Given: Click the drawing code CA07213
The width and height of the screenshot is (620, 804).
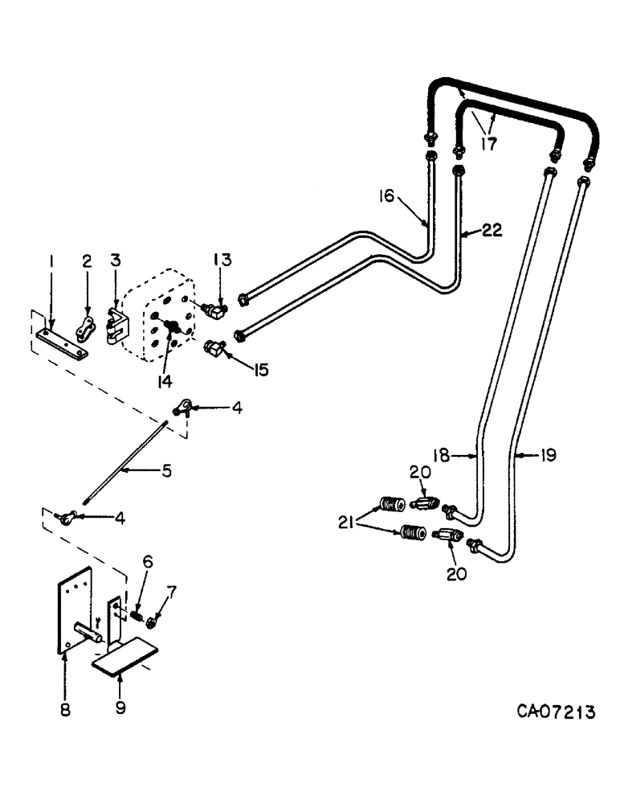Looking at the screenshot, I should pos(557,712).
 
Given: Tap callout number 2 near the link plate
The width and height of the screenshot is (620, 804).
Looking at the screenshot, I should pos(87,261).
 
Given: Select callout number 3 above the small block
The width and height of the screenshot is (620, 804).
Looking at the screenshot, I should pos(115,261).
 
